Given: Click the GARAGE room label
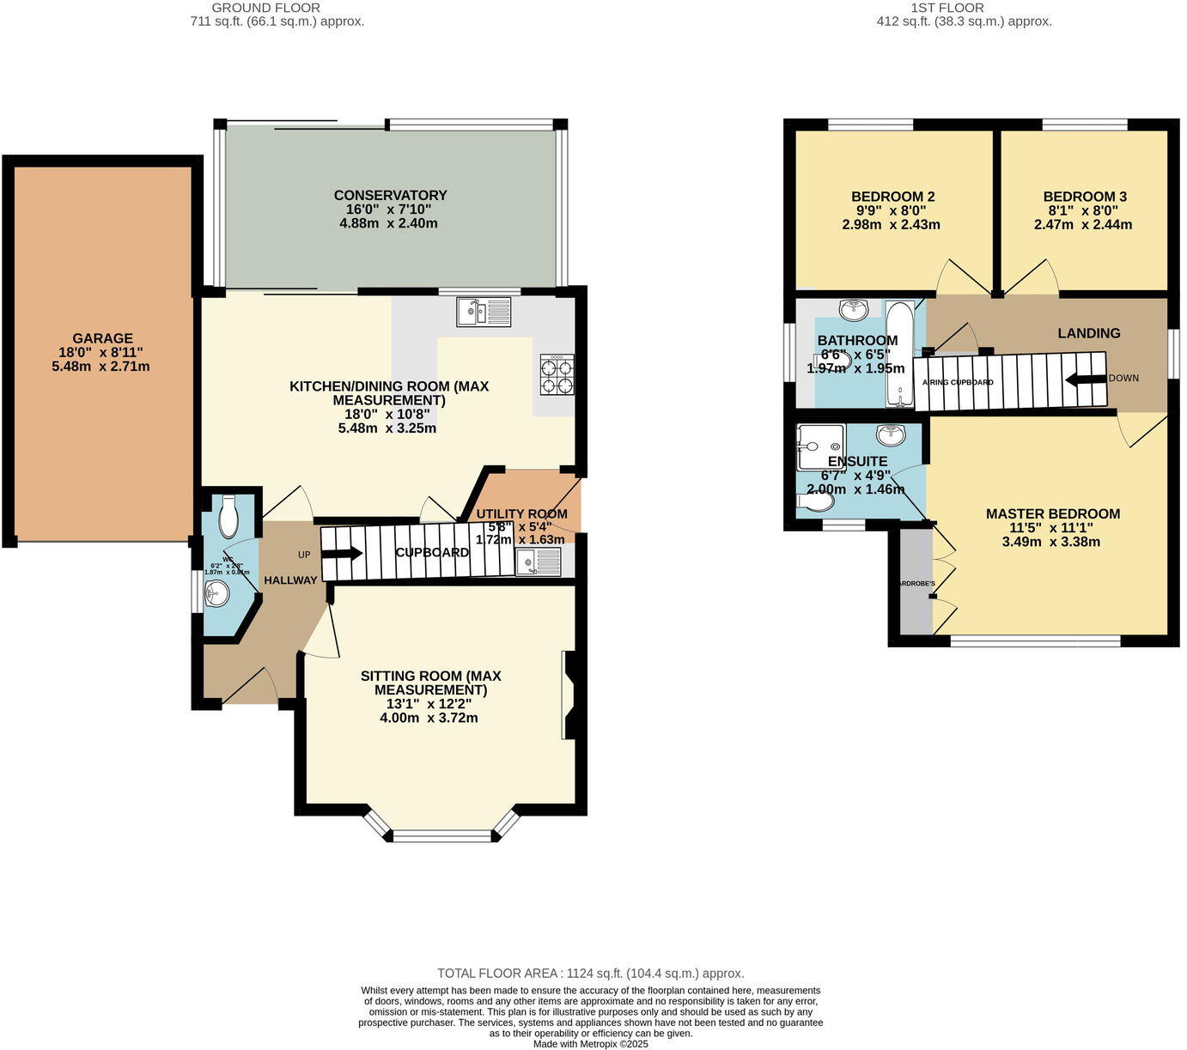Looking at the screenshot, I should pos(101,338).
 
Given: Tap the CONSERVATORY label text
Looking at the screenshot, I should pos(390,196).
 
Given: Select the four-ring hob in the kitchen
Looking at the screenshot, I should pos(557,375).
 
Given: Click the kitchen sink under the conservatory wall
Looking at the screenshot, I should pos(484,311).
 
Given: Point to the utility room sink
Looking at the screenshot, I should pos(538,561).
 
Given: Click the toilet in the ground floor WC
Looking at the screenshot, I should pos(228,515).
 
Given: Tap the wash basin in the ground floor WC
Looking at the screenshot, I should pos(217,592).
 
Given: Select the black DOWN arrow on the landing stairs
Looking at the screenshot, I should pos(1084,380).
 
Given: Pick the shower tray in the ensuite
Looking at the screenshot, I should pos(820,446).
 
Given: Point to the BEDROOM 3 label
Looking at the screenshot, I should pos(1085,197).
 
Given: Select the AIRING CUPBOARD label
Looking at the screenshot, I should pos(958,382).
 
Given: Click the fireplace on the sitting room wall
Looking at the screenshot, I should pos(569,695).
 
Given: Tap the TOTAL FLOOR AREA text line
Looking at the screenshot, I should pos(590,974).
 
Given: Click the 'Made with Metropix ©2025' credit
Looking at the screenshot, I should pos(590,1044).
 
